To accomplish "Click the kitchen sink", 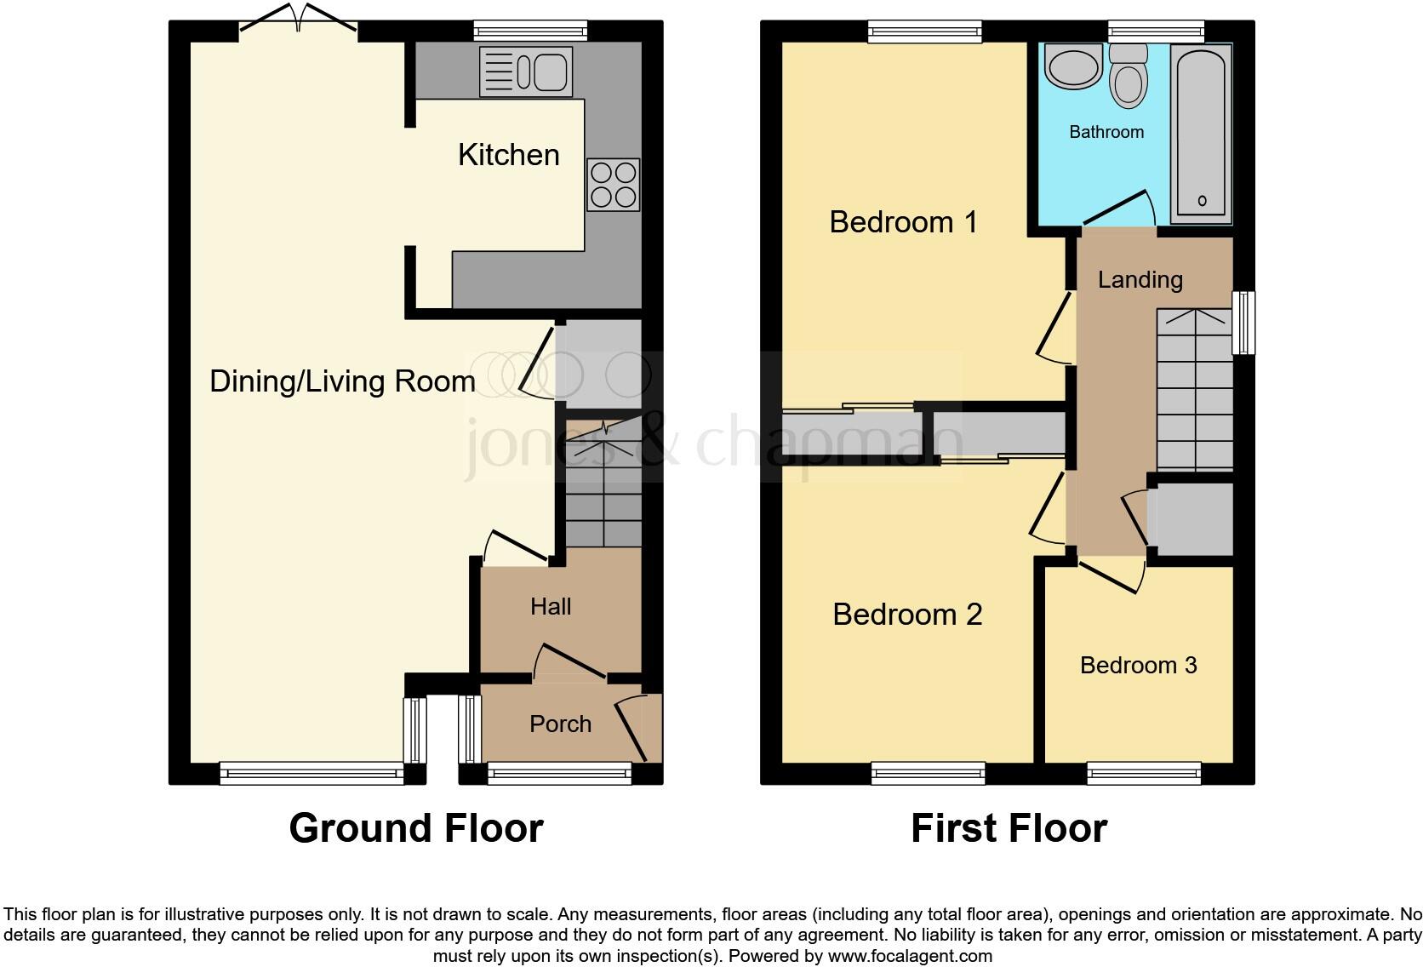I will click(x=526, y=71).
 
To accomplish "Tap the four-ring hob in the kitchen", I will click(x=613, y=185).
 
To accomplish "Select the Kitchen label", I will click(x=508, y=155).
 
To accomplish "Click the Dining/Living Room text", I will click(x=342, y=381).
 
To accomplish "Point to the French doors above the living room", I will click(x=298, y=21).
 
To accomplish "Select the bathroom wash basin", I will click(x=1073, y=67).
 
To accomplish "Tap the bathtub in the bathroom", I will click(x=1202, y=132).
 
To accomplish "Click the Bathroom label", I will click(x=1106, y=132).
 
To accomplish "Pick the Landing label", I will click(x=1140, y=280).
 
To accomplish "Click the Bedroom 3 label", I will click(x=1138, y=666).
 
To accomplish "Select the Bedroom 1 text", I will click(x=903, y=222).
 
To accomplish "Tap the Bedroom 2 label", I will click(x=907, y=615).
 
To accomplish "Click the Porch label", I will click(x=560, y=724).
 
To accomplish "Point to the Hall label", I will click(x=551, y=607).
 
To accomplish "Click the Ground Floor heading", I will click(x=416, y=828).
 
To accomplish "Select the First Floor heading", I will click(x=1009, y=828).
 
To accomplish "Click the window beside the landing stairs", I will click(x=1243, y=323).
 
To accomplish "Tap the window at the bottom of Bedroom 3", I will click(x=1143, y=773).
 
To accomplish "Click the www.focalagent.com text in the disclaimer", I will click(x=910, y=956).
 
